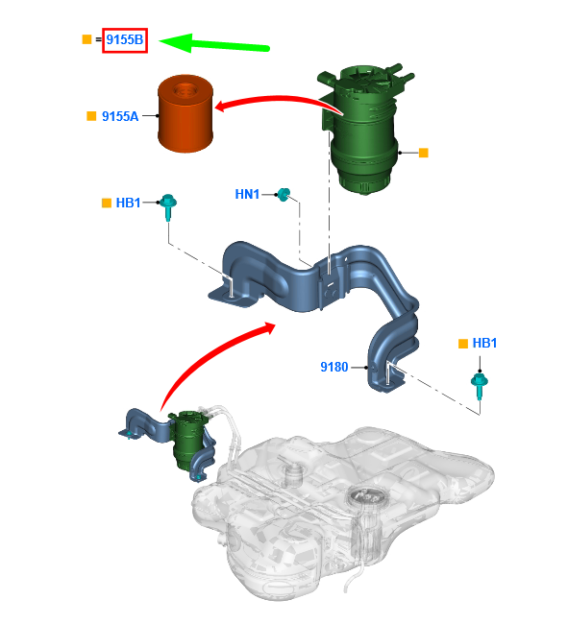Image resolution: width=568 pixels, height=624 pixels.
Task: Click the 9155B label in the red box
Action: point(125,39)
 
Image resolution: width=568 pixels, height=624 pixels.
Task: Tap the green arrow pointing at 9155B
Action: point(214,43)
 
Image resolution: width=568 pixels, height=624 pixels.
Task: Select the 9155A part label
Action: point(120,116)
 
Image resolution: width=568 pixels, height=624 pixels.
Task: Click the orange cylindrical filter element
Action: point(185,113)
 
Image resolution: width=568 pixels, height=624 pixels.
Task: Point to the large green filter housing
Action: point(362,132)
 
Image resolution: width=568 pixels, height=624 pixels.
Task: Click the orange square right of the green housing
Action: point(424,153)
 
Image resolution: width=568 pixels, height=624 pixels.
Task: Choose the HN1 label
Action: point(247,194)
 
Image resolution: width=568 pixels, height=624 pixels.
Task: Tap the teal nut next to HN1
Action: point(284,195)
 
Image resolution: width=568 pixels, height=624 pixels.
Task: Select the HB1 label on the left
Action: point(128,203)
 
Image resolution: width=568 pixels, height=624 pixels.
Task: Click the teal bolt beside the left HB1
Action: point(168,207)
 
